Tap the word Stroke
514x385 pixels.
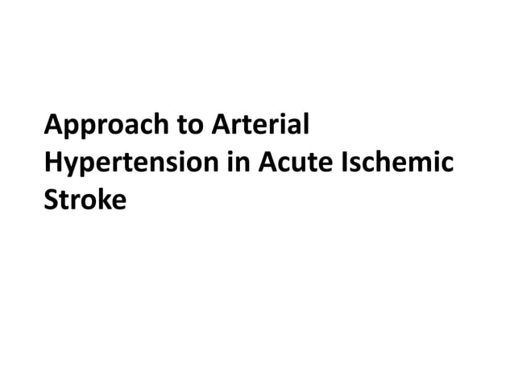(x=85, y=198)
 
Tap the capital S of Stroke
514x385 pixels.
(x=52, y=198)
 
